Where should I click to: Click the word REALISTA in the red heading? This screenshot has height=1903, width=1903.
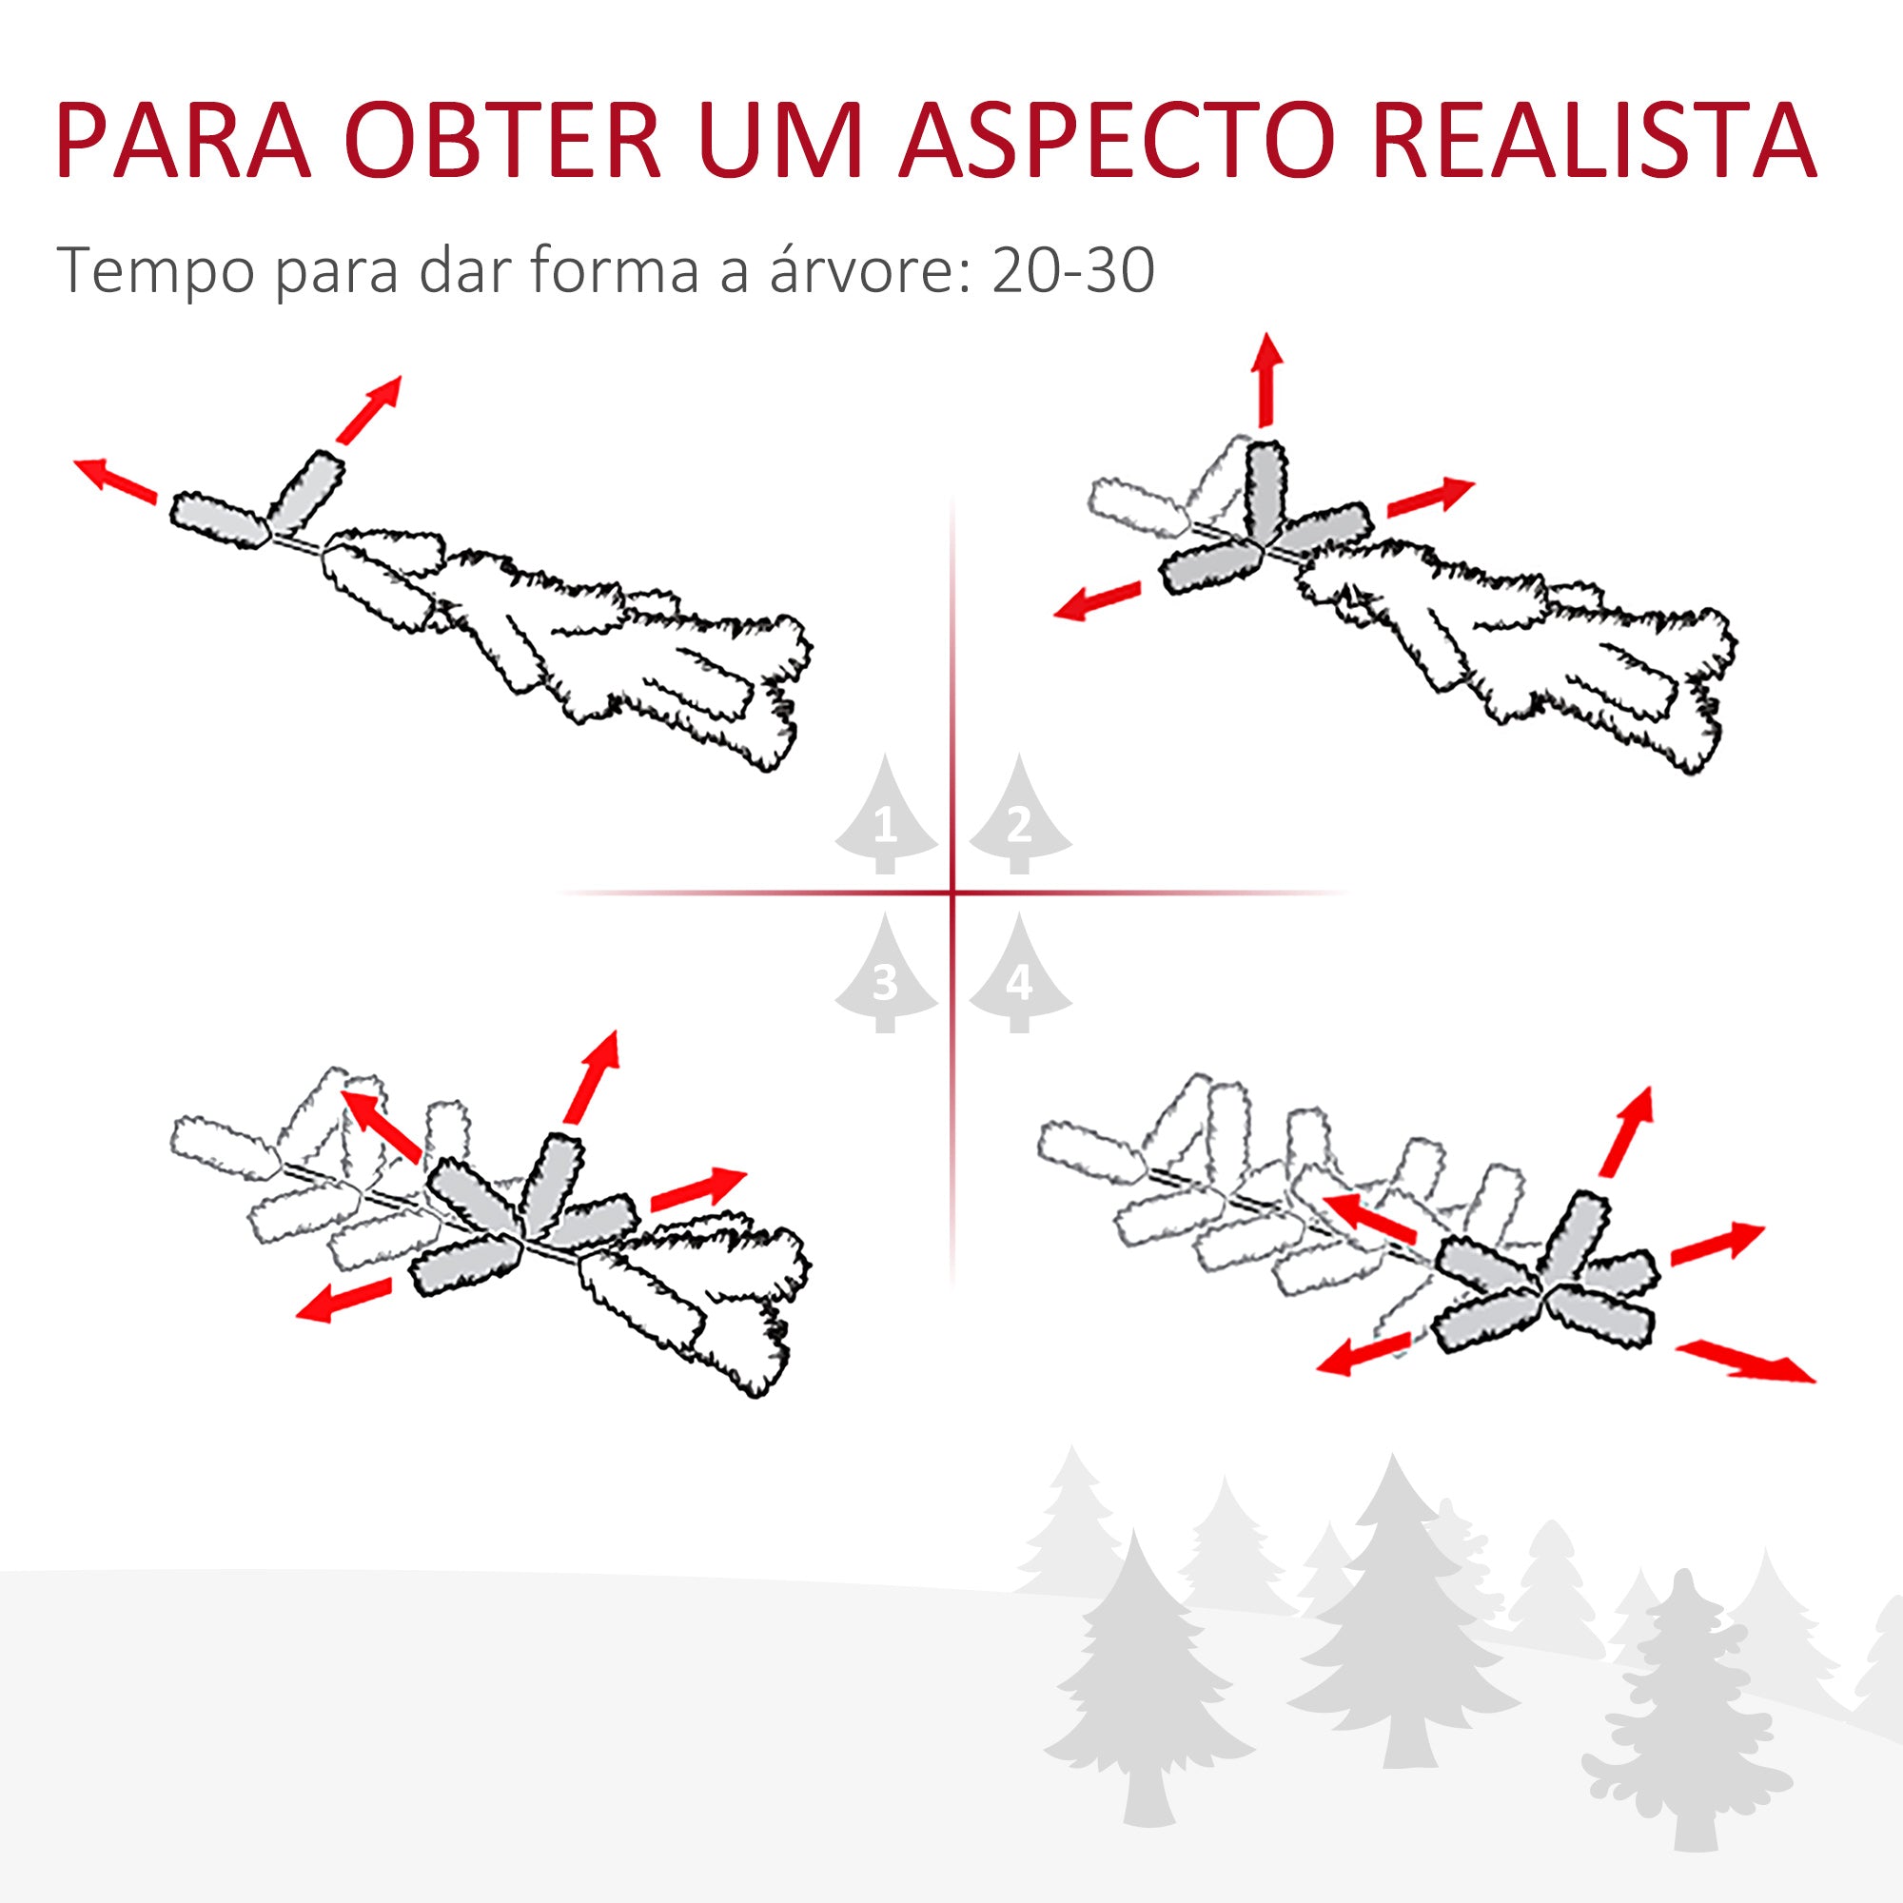(x=1593, y=139)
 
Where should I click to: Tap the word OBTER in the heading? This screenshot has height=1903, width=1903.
(x=504, y=139)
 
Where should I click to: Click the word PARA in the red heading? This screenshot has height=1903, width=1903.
(x=185, y=139)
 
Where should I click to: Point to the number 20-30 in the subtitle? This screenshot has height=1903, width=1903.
(x=1073, y=270)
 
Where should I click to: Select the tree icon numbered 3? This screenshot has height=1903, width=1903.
(x=886, y=973)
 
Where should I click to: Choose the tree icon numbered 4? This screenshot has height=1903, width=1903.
(x=1019, y=973)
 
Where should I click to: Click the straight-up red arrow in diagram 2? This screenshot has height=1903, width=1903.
(x=1266, y=381)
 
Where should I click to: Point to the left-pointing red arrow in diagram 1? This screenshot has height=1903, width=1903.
(x=116, y=480)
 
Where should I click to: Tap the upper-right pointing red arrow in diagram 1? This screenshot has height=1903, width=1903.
(x=369, y=409)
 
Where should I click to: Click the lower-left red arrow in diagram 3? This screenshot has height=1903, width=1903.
(x=344, y=1299)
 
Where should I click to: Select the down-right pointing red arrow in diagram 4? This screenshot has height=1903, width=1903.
(x=1744, y=1361)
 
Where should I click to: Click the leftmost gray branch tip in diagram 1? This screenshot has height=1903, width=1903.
(x=220, y=520)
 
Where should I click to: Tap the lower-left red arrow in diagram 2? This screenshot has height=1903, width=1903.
(x=1097, y=599)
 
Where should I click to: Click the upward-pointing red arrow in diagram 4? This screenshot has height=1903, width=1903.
(x=1627, y=1130)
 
